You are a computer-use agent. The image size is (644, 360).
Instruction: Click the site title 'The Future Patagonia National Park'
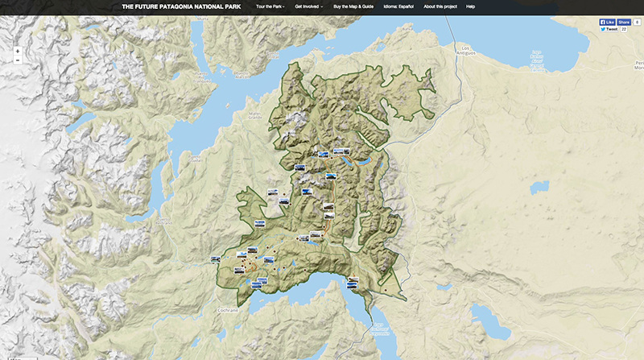coord(182,6)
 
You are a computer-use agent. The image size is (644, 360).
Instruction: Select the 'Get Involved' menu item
coord(309,6)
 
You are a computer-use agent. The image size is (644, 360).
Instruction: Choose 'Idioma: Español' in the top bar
coord(405,6)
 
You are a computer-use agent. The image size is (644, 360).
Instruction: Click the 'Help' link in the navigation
coord(471,6)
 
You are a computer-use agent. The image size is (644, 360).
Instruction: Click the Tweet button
coord(609,29)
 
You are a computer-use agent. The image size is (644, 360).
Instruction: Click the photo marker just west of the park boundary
coord(215,259)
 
